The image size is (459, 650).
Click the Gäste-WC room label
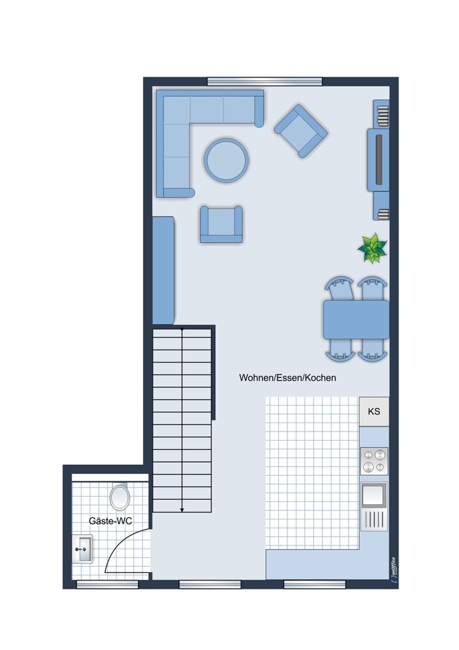point(111,521)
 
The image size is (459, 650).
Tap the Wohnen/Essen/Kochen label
point(287,378)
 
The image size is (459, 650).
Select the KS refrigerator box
point(374,411)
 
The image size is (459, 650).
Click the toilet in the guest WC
point(120,497)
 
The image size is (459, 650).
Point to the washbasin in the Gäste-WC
point(83,549)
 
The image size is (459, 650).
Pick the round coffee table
point(226,159)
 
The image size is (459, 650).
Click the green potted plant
point(373,248)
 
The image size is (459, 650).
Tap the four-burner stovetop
point(374,461)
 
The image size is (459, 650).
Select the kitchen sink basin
point(374,495)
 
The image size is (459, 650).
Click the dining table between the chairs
point(356,319)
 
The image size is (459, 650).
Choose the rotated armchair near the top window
point(300,130)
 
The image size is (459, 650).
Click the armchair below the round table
point(221,224)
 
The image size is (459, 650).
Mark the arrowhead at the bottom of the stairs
point(182,510)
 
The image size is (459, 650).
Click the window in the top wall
point(265,81)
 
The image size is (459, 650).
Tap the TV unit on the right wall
point(378,160)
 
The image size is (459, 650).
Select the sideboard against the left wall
point(163,270)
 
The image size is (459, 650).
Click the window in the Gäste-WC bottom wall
point(107,584)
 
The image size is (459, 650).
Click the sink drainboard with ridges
point(374,519)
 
